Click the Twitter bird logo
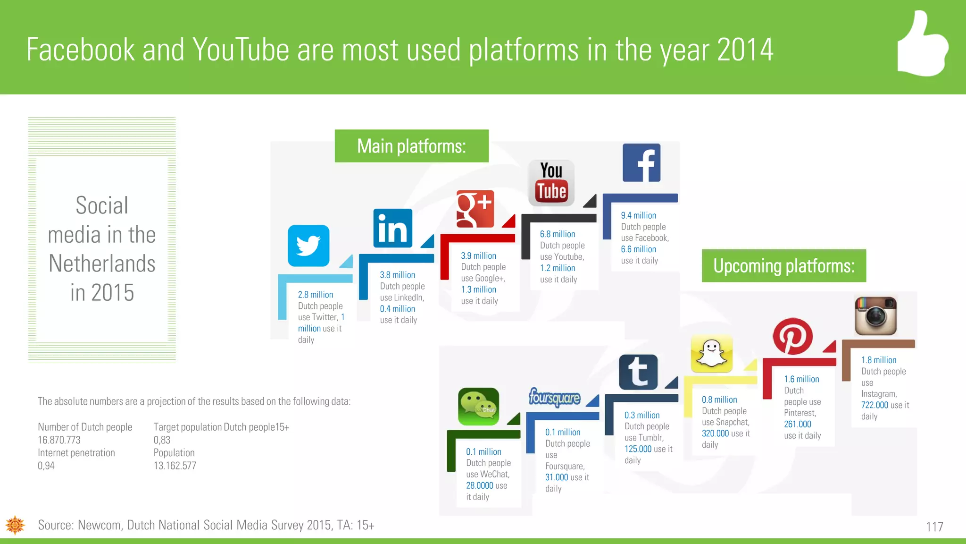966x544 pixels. pos(308,246)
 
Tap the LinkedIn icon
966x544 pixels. pos(392,228)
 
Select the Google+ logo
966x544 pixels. pos(475,209)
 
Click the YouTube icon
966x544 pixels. pos(551,183)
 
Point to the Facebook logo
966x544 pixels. pos(641,163)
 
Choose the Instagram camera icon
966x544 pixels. pos(875,315)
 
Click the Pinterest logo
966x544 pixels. pos(792,336)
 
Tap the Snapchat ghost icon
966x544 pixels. pos(711,354)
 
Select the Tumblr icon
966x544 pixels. pos(638,372)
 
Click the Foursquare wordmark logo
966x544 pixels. pos(554,398)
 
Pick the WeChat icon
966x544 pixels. pos(478,407)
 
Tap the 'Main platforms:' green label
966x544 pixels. pos(411,146)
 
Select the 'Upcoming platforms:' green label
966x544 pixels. pos(783,266)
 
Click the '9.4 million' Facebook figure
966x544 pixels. pos(638,215)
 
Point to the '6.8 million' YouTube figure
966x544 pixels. pos(557,234)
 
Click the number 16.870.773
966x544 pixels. pos(59,440)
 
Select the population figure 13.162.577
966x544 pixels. pos(175,466)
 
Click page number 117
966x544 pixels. pos(934,527)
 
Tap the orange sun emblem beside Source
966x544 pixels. pos(15,525)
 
